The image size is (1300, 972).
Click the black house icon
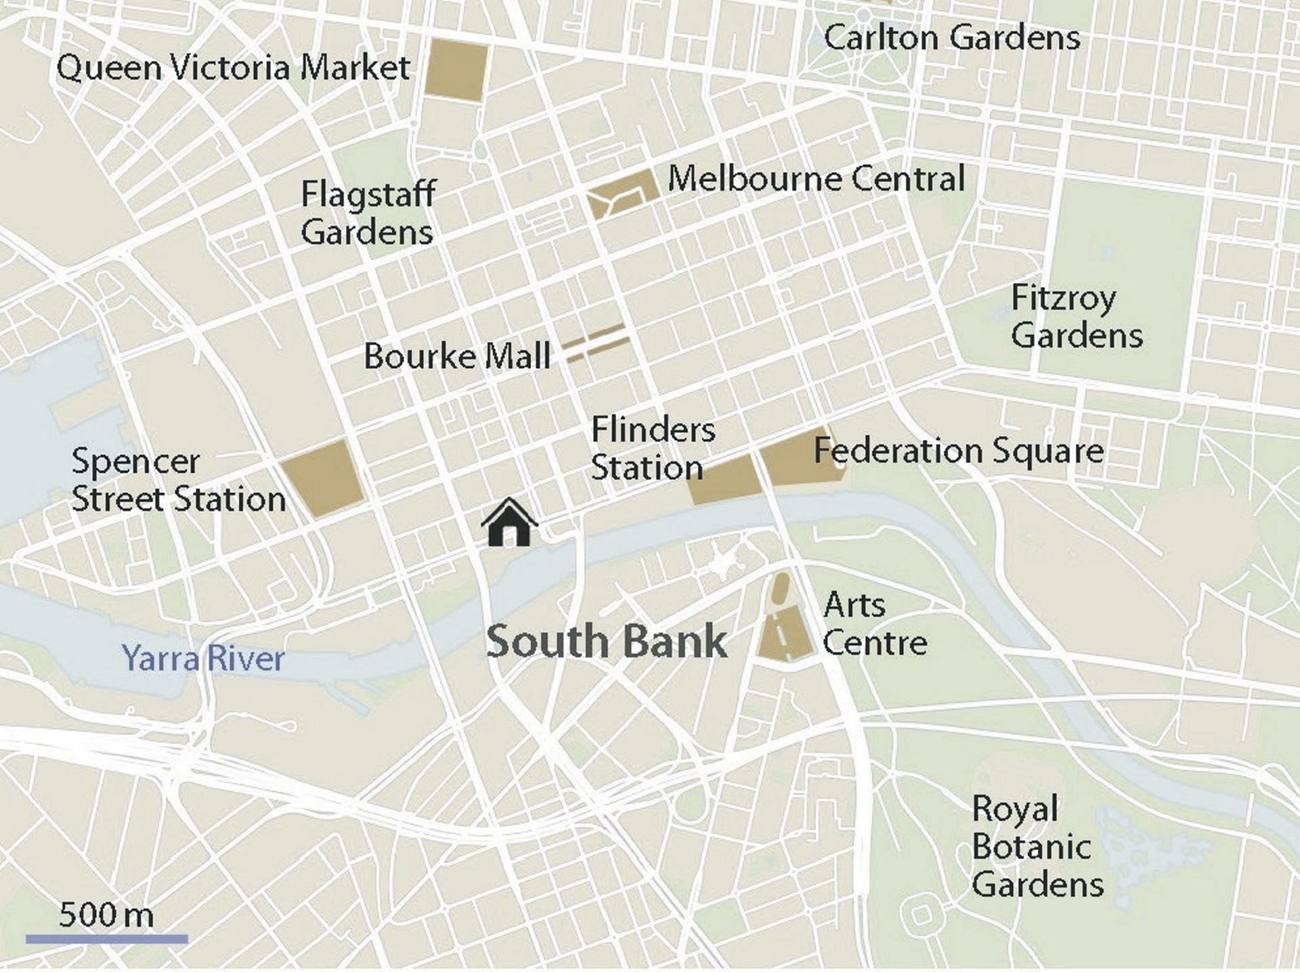[x=509, y=523]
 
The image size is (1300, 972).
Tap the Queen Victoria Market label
[x=233, y=68]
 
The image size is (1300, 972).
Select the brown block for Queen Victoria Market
[x=456, y=70]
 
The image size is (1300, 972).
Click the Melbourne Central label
[x=816, y=179]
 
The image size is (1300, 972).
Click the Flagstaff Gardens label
[x=368, y=213]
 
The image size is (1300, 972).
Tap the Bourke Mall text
[x=457, y=356]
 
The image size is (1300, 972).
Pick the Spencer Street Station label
[x=179, y=481]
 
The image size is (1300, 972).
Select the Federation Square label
[x=958, y=450]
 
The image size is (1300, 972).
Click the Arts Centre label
[x=873, y=623]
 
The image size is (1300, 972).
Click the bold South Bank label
[x=607, y=642]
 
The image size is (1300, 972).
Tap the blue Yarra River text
[x=203, y=659]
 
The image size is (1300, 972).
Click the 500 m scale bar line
[x=107, y=939]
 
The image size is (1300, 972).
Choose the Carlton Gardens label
[x=951, y=37]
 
